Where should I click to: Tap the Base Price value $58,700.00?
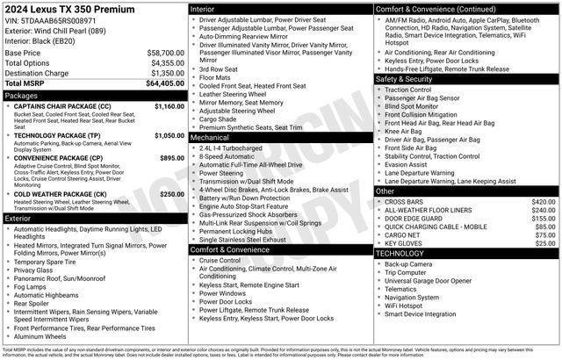[x=166, y=53]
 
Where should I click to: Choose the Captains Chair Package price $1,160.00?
[x=169, y=105]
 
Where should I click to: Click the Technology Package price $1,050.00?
[x=169, y=136]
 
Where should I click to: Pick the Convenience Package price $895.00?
[x=171, y=158]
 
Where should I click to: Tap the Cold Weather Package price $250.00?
[x=171, y=193]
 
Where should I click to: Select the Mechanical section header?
[x=211, y=138]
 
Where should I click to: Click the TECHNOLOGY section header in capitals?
[x=400, y=253]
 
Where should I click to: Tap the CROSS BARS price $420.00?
[x=544, y=202]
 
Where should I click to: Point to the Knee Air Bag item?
[x=407, y=131]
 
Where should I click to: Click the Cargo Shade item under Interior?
[x=223, y=119]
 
